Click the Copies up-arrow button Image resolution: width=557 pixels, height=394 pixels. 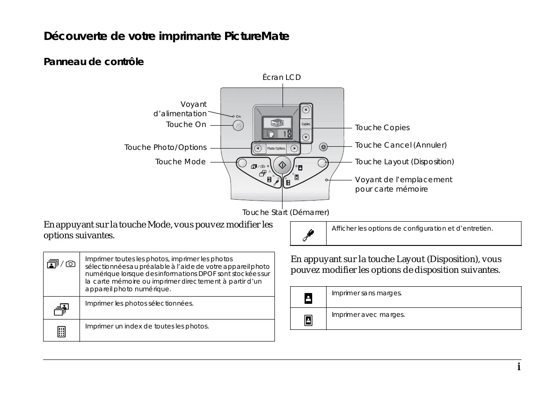[x=306, y=109]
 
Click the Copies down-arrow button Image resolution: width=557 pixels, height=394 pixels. [x=306, y=137]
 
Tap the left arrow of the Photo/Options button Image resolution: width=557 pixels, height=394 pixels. [x=258, y=149]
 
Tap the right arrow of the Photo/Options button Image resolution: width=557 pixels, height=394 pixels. [x=294, y=149]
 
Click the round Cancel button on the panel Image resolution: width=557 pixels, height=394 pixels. [x=323, y=147]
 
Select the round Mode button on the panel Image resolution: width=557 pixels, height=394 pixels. [x=241, y=162]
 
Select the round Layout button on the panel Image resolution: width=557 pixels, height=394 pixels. [x=322, y=162]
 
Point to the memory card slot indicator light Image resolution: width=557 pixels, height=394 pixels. [x=327, y=180]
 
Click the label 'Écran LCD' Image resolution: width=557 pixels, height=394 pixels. [x=282, y=78]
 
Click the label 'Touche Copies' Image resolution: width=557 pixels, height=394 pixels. [x=382, y=128]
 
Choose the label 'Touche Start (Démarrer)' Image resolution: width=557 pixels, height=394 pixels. [x=286, y=212]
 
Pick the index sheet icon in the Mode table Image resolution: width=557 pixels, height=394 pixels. [x=61, y=332]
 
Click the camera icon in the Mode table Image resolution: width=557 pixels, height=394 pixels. [x=71, y=264]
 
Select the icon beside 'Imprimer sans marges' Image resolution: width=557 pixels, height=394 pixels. [x=308, y=298]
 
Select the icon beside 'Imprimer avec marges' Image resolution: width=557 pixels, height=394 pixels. [x=308, y=320]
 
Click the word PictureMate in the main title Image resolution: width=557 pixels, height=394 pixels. [x=256, y=36]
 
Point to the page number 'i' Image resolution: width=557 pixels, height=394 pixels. [x=519, y=367]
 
